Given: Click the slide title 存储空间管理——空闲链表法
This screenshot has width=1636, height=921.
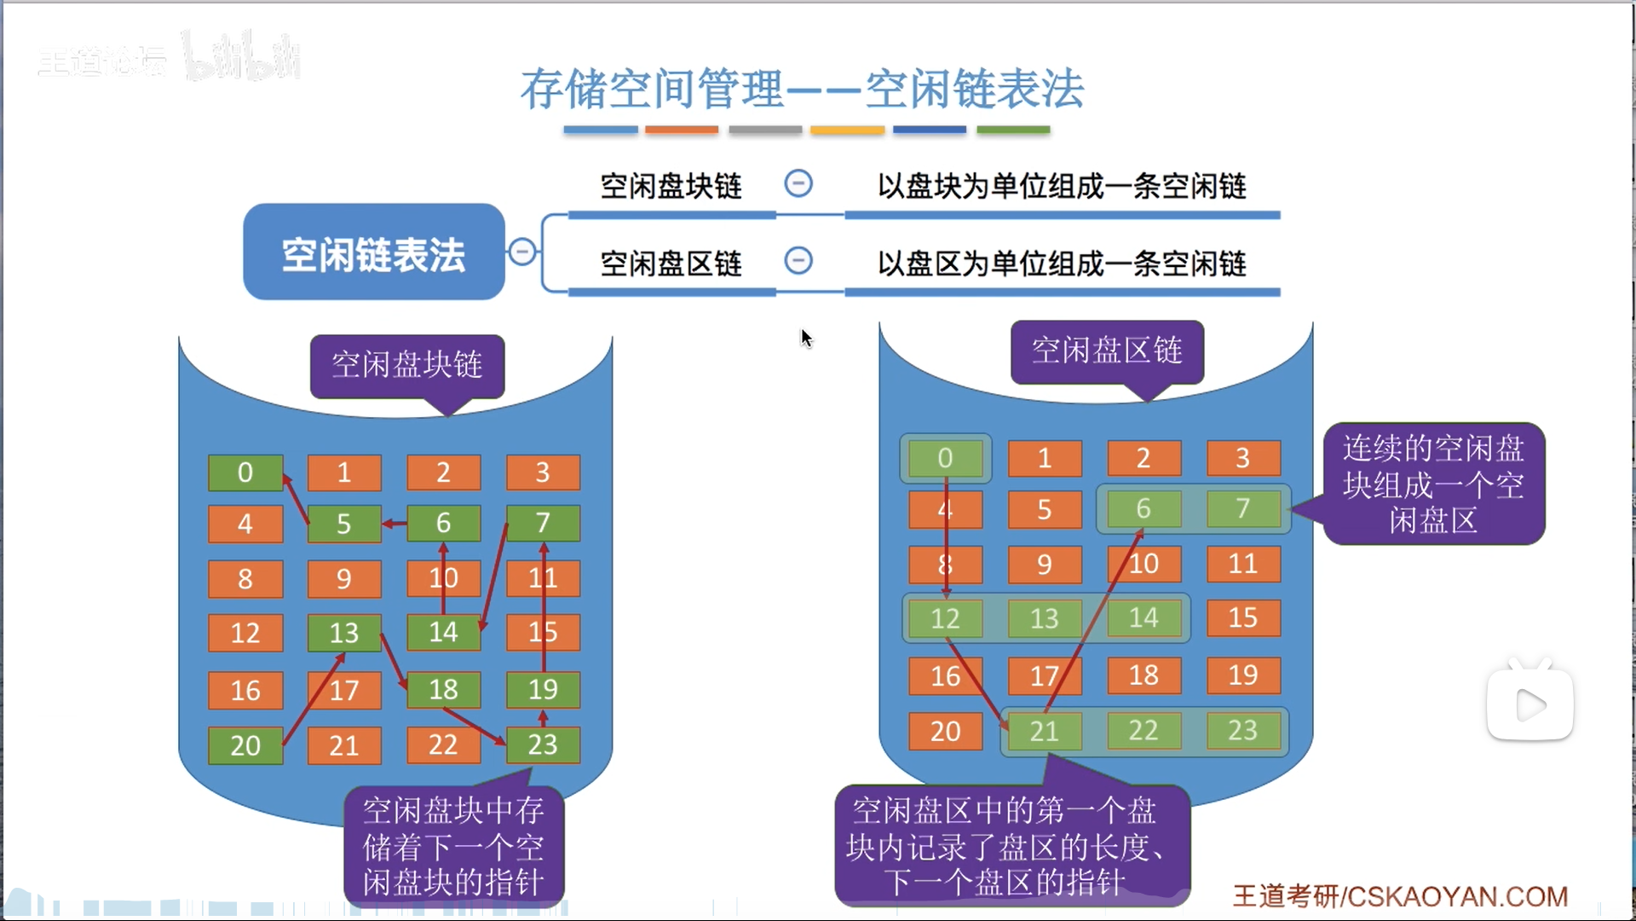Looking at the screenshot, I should click(x=802, y=89).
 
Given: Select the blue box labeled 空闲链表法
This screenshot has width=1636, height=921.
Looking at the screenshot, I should click(x=373, y=253).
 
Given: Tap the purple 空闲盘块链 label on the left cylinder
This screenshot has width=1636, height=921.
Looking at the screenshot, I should click(x=406, y=365).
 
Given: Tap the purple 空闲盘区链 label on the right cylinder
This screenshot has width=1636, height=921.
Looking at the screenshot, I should click(x=1107, y=350).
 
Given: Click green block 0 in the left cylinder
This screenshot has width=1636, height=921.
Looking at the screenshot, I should click(x=245, y=472).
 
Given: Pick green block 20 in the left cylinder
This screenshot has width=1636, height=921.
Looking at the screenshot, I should click(x=245, y=745).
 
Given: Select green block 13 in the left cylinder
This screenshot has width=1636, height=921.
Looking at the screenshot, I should click(x=343, y=633).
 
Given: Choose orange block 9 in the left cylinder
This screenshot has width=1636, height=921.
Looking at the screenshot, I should click(x=343, y=579).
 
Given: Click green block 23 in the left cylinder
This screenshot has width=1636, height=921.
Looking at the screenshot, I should click(x=543, y=744).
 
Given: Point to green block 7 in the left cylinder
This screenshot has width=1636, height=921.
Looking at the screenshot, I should click(x=543, y=523).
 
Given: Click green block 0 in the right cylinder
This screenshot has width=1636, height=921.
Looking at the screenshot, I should click(x=945, y=458).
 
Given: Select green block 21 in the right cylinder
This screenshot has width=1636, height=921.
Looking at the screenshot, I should click(x=1044, y=731).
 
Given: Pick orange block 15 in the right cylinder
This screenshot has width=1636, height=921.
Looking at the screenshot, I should click(x=1242, y=617).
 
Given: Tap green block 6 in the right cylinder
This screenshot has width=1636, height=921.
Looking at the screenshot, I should click(x=1143, y=509).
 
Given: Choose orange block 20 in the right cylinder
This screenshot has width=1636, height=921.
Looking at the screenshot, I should click(x=945, y=731).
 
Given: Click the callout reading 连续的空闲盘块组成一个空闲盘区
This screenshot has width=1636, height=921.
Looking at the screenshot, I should click(x=1433, y=484).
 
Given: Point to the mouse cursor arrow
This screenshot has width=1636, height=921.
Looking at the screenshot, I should click(x=805, y=337).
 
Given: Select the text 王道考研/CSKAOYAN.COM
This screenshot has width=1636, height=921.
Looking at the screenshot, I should click(x=1400, y=896).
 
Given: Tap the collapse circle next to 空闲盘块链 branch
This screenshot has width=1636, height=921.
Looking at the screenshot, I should click(x=798, y=183).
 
